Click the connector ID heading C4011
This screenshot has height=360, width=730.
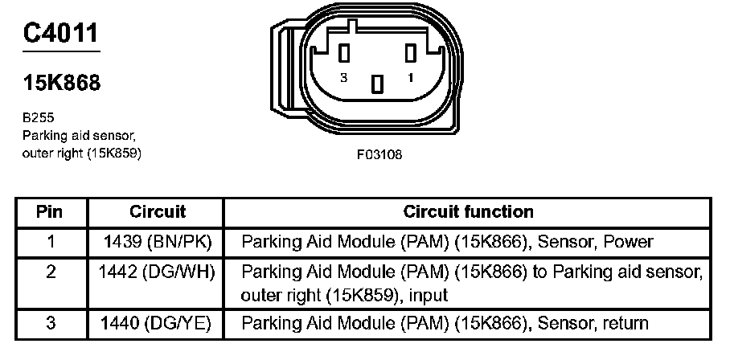61,34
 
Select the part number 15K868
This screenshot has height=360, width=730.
61,83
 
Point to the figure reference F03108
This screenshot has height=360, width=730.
379,155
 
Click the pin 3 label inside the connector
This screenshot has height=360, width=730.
344,78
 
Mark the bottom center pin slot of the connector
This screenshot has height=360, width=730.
377,82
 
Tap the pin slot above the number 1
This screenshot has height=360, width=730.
410,53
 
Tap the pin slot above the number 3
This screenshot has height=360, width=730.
345,53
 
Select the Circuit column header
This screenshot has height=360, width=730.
158,212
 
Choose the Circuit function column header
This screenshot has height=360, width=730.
468,212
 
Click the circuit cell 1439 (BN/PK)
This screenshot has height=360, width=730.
158,241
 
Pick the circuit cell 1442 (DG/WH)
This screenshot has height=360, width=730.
158,272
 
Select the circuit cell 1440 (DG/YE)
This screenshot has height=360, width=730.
158,324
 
